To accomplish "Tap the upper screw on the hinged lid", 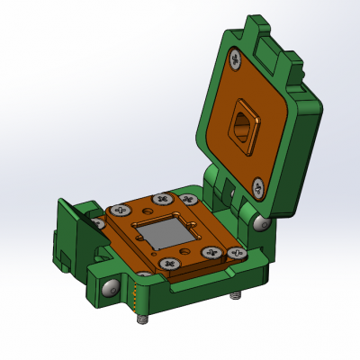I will tap(236, 61).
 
